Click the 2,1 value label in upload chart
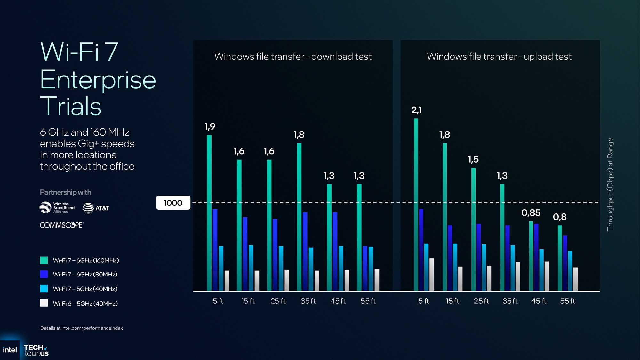click(416, 110)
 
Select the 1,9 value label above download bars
click(210, 126)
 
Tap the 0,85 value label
click(531, 213)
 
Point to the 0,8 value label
click(559, 217)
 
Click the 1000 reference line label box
click(173, 203)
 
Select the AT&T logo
click(96, 208)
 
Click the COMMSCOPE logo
click(61, 225)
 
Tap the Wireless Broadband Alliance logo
click(57, 208)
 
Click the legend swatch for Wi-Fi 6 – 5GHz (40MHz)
click(44, 303)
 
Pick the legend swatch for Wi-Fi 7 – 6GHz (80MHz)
click(44, 274)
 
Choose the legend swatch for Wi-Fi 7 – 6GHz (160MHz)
click(44, 260)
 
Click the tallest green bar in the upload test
click(416, 205)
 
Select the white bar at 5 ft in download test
click(227, 281)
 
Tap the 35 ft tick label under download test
click(308, 301)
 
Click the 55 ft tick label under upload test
click(567, 301)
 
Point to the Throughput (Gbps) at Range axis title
click(610, 184)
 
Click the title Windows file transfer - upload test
click(499, 57)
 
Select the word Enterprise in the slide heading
click(98, 80)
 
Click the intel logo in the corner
click(10, 350)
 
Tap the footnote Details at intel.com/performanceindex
click(82, 328)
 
